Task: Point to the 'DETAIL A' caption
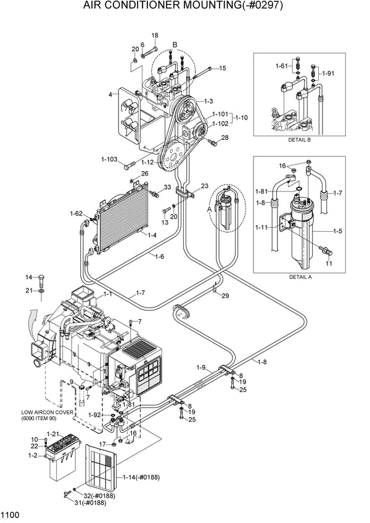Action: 300,277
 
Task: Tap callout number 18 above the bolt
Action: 154,36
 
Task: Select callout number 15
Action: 222,68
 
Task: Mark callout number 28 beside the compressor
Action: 225,137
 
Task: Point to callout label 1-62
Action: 76,214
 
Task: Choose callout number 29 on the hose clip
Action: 225,296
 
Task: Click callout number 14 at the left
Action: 28,277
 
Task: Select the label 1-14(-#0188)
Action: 146,477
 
